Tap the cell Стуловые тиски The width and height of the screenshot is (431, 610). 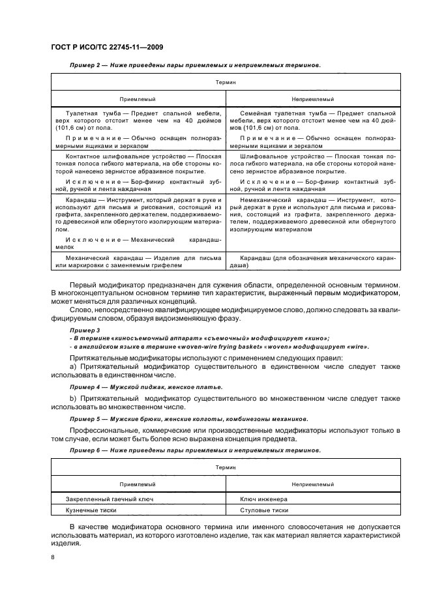(x=264, y=511)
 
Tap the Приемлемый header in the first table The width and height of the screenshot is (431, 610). (x=137, y=99)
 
